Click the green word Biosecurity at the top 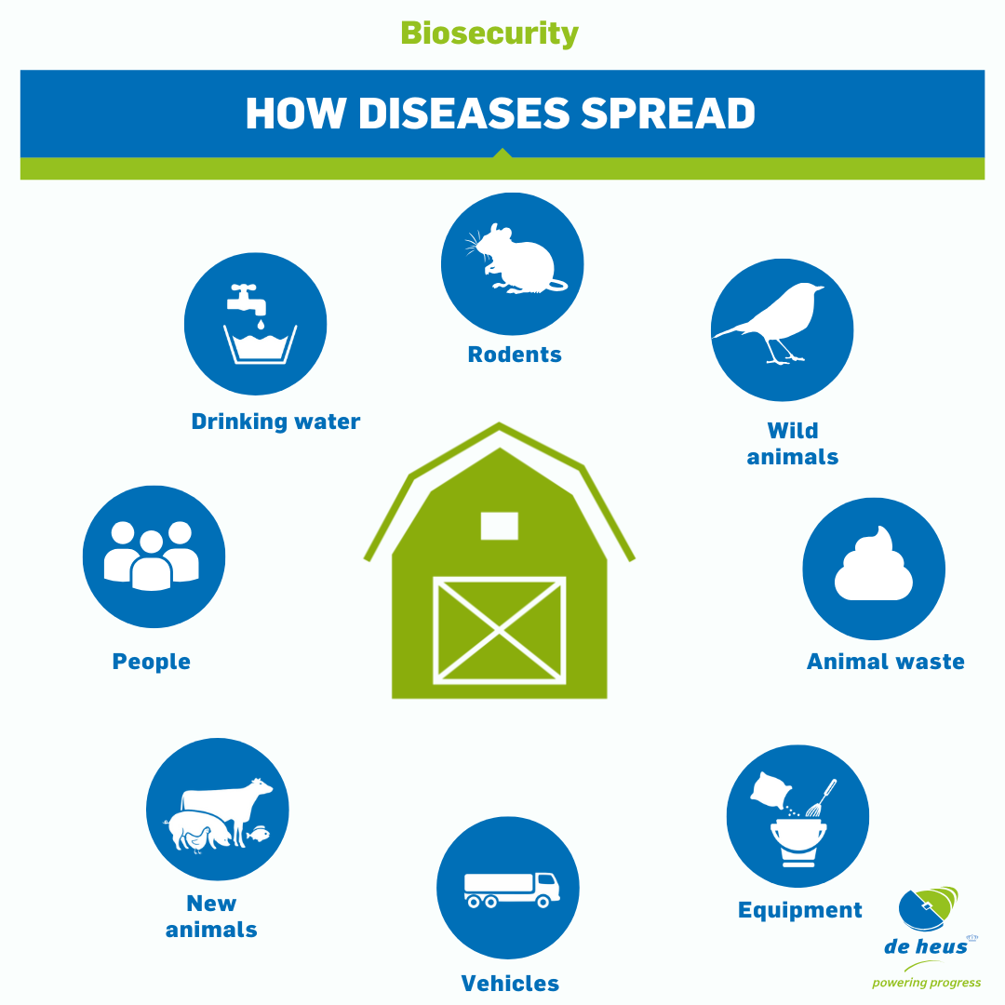coord(489,34)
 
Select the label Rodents coord(515,355)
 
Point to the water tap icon coord(246,300)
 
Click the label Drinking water coord(275,422)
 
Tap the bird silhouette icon coord(770,322)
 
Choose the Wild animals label coord(793,444)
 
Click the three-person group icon coord(152,556)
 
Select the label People coord(152,662)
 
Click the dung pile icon coord(874,564)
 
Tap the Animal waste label coord(885,662)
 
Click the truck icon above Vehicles coord(512,890)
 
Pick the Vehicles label coord(510,984)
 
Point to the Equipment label coord(800,910)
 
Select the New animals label coord(211,917)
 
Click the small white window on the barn coord(500,526)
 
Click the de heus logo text coord(926,946)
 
